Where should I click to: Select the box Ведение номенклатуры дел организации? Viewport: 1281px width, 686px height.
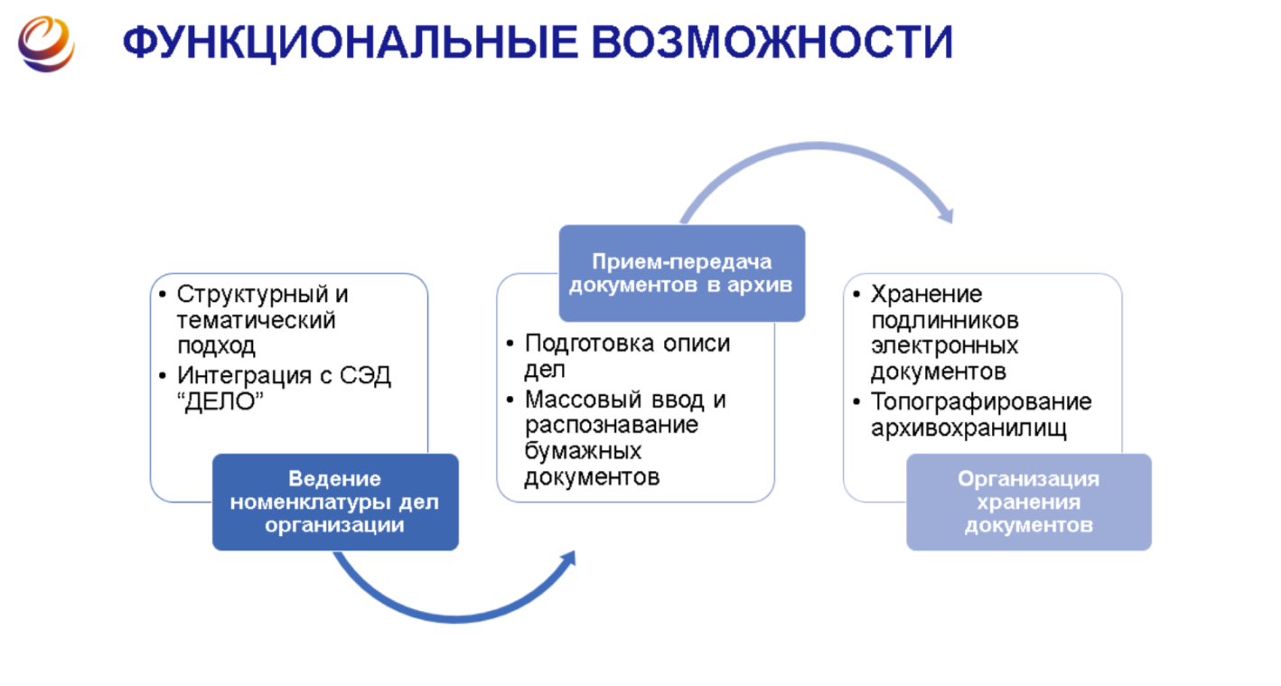point(335,502)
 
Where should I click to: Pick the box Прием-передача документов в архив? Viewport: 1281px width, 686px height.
point(682,273)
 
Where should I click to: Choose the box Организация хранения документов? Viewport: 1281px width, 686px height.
point(1029,502)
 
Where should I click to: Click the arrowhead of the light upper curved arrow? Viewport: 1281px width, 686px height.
point(945,215)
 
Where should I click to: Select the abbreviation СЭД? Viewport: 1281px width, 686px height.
point(367,375)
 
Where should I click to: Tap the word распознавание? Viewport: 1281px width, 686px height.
point(612,425)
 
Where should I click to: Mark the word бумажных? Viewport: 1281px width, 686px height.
point(583,450)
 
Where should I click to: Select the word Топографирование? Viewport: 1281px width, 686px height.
point(981,401)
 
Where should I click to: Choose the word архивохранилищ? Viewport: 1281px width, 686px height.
point(968,428)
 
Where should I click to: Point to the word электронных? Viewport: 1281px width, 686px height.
point(944,346)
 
